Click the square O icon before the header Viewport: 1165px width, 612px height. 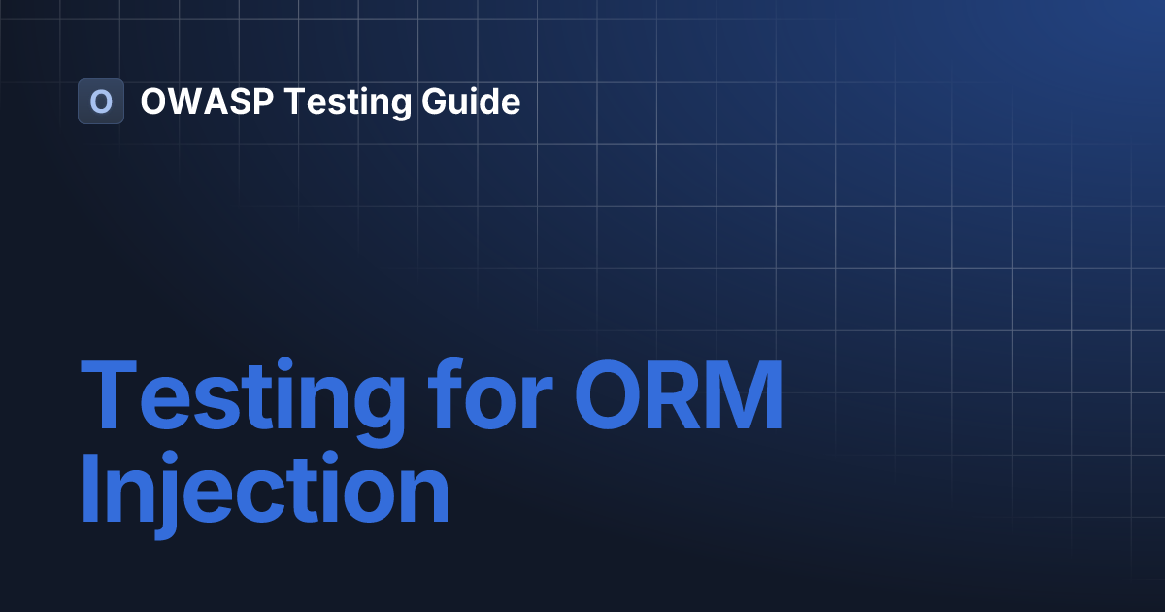[x=100, y=101]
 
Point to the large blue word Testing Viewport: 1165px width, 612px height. [x=242, y=398]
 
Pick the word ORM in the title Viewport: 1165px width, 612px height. [x=680, y=398]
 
